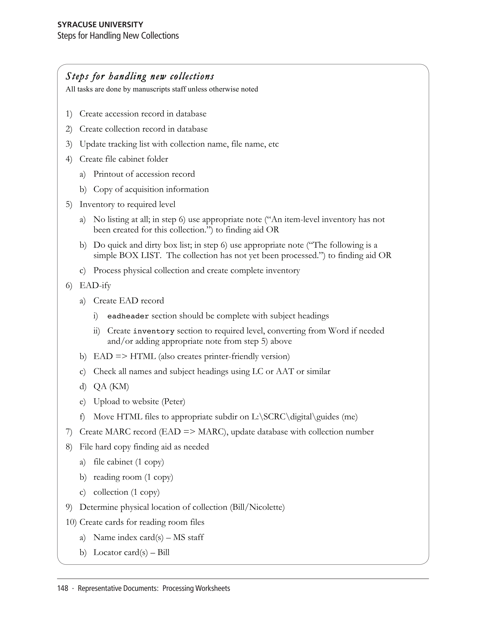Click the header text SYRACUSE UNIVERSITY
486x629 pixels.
pyautogui.click(x=100, y=25)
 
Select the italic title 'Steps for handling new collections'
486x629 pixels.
pyautogui.click(x=140, y=76)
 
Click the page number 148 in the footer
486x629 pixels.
pyautogui.click(x=62, y=588)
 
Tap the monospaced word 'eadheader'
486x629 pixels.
pyautogui.click(x=128, y=316)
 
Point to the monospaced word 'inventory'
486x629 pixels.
pyautogui.click(x=154, y=331)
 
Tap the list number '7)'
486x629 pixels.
pyautogui.click(x=69, y=432)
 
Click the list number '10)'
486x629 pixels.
pyautogui.click(x=71, y=522)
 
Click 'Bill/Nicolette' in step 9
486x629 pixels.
pyautogui.click(x=257, y=507)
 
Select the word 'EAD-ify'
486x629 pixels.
pyautogui.click(x=95, y=285)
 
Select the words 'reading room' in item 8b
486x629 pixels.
pyautogui.click(x=117, y=477)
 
